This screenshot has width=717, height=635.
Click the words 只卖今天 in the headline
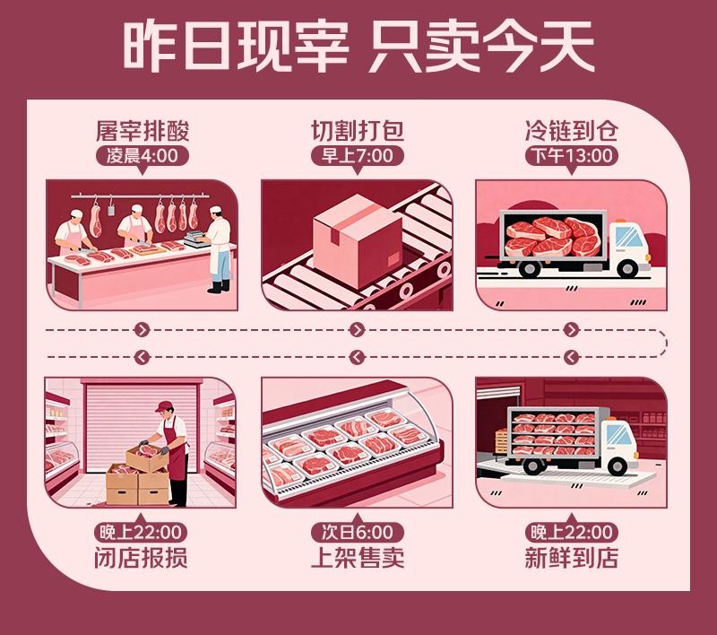click(480, 47)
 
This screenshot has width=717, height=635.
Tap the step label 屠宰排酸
click(143, 131)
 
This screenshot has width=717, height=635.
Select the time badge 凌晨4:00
click(143, 156)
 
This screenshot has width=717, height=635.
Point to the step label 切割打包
click(357, 131)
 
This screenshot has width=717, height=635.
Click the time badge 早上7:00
click(357, 156)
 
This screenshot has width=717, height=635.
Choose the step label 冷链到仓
click(572, 131)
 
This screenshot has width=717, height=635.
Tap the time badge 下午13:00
click(572, 156)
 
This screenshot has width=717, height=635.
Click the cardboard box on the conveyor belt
click(357, 240)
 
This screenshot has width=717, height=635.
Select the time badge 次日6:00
click(357, 532)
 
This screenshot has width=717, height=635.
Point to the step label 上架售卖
click(357, 558)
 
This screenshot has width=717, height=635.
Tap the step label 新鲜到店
click(572, 558)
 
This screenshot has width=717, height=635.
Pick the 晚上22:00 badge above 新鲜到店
click(572, 532)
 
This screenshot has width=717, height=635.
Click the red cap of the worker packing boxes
click(164, 406)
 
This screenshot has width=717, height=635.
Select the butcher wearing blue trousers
click(218, 249)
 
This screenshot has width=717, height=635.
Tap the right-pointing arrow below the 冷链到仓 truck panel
click(571, 329)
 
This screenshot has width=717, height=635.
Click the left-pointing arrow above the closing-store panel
click(143, 357)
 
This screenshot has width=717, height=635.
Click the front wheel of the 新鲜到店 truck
click(618, 466)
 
